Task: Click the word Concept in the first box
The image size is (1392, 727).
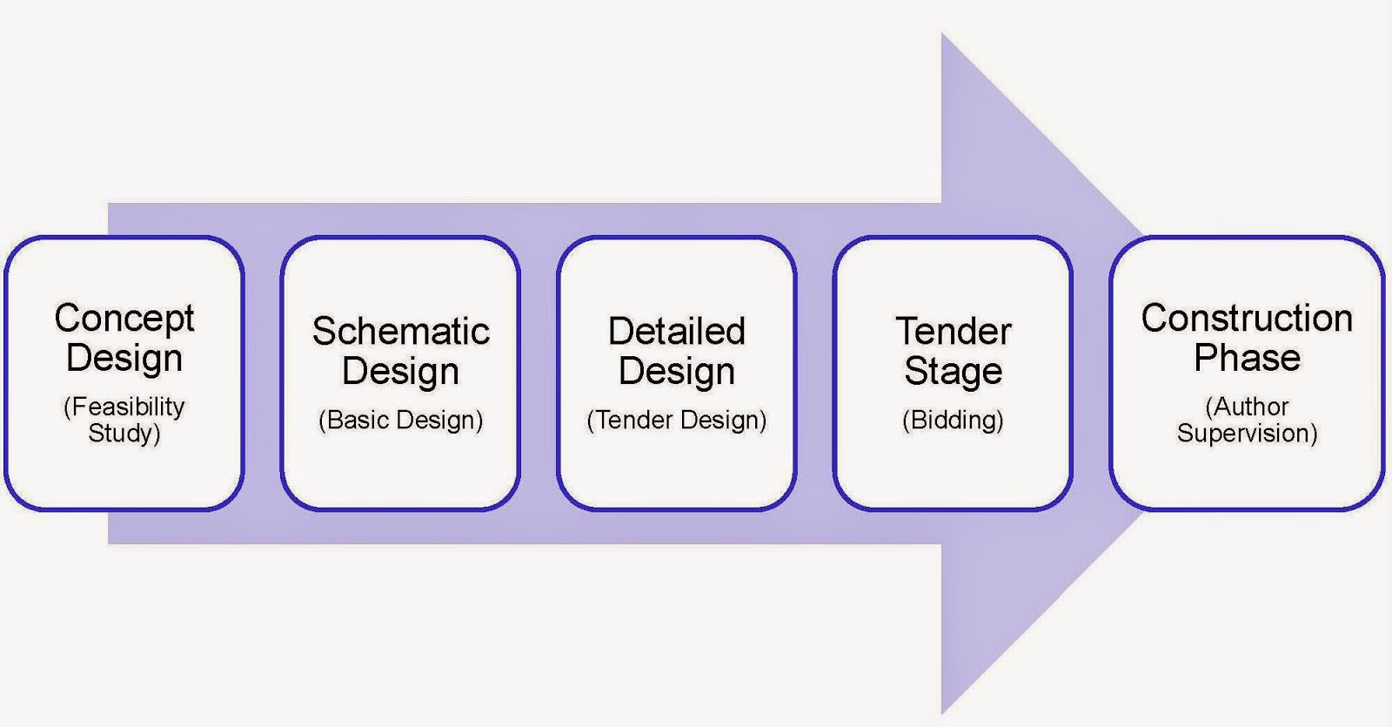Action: pos(124,319)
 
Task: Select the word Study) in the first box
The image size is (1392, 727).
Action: pos(124,433)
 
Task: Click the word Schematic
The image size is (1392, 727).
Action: pos(400,332)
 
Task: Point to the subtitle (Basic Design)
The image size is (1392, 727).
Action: pos(400,420)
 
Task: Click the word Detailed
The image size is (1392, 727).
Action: pos(676,332)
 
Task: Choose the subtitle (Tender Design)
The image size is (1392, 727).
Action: pos(676,420)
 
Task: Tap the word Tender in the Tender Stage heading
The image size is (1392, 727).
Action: pos(953,332)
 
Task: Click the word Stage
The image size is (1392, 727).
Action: pos(953,372)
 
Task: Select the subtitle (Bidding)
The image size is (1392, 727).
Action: pos(953,420)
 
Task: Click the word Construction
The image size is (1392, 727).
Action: pos(1247,319)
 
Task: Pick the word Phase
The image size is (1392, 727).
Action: pos(1247,358)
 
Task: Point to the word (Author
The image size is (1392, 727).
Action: pos(1247,407)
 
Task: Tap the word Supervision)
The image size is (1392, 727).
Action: pos(1247,433)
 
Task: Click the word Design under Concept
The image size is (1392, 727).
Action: pos(124,358)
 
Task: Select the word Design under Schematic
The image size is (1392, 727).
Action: pos(400,372)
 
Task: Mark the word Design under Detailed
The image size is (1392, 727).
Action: pos(676,372)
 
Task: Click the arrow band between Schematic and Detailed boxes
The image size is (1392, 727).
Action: pos(539,374)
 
